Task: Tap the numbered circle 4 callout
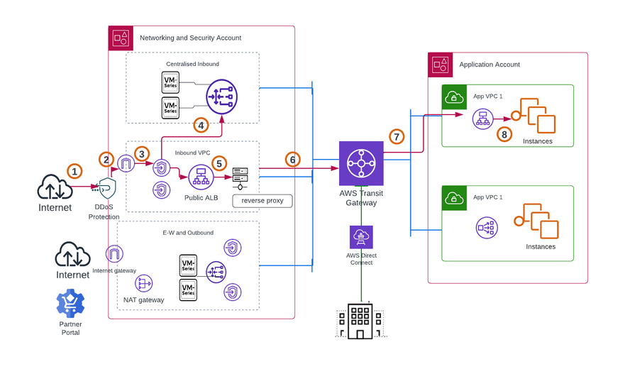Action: [x=201, y=125]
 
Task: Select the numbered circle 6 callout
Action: [x=292, y=160]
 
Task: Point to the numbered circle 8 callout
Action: [x=504, y=133]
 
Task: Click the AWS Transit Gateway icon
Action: [x=360, y=164]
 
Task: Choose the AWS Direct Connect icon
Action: [x=360, y=236]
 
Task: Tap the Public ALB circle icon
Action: [x=201, y=177]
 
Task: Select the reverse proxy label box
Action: [x=262, y=201]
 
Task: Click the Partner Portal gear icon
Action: [x=70, y=304]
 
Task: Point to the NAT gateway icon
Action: [x=144, y=283]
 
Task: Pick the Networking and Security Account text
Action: [x=190, y=38]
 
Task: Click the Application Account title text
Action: [x=490, y=65]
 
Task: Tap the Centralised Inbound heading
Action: [x=192, y=64]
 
